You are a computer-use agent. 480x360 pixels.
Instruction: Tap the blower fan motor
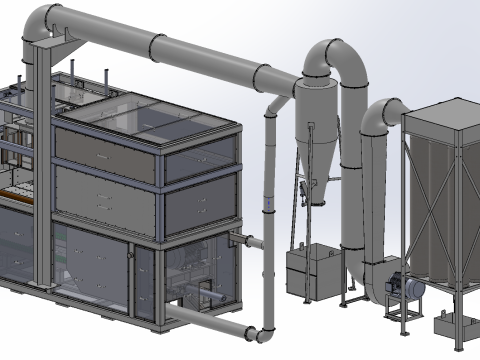point(407,286)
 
